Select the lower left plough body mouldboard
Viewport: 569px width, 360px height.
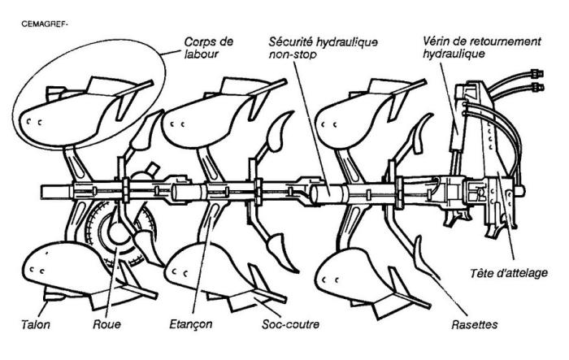click(57, 264)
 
